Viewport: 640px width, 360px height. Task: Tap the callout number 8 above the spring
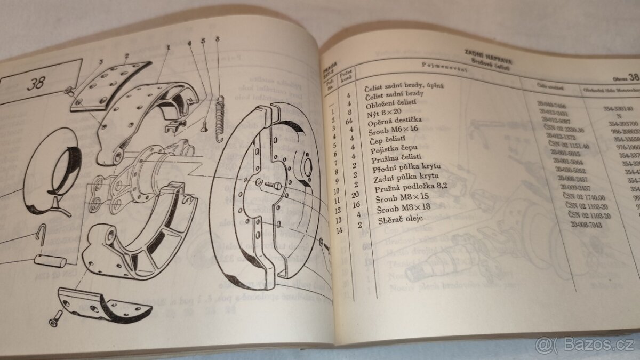[x=218, y=38]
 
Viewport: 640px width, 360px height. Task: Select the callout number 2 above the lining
[x=127, y=55]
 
